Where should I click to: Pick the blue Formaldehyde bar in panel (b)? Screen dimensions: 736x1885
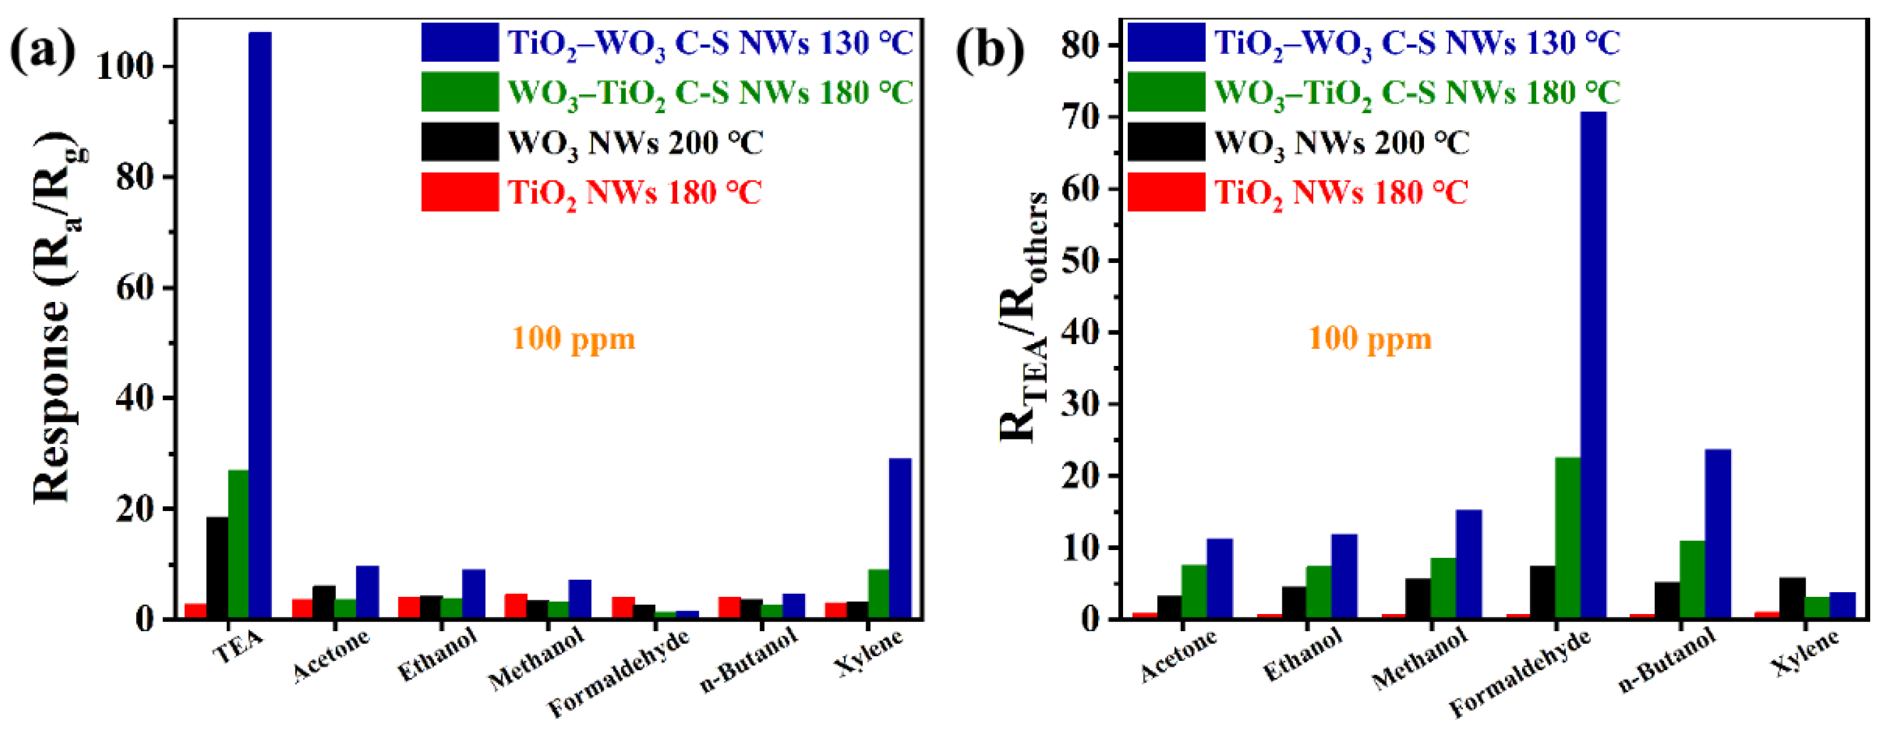coord(1593,366)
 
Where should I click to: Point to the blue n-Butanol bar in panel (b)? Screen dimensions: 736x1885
coord(1717,534)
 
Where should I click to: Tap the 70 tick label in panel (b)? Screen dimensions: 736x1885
coord(1080,117)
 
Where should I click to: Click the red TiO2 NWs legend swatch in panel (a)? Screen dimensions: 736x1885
coord(459,192)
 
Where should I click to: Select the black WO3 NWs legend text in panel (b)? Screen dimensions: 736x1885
coord(1342,143)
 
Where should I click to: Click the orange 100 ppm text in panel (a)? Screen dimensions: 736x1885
coord(574,339)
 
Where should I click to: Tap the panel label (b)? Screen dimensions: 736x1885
coord(990,51)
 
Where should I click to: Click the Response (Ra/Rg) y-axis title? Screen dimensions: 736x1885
coord(59,318)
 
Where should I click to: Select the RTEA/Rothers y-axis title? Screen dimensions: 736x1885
coord(1024,318)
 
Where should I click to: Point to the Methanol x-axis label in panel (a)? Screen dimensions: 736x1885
coord(536,658)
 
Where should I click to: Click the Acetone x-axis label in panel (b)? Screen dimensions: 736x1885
coord(1178,655)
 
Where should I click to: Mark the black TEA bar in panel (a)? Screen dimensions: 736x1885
coord(217,568)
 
